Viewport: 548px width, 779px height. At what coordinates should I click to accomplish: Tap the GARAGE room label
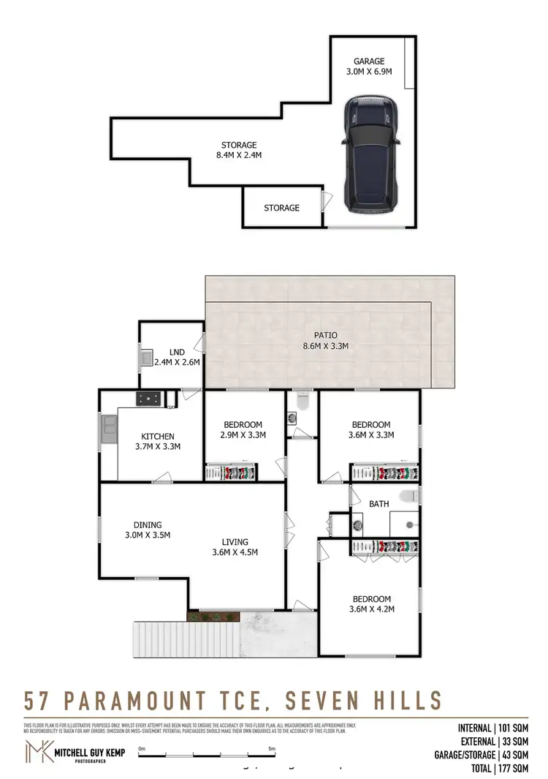pyautogui.click(x=369, y=61)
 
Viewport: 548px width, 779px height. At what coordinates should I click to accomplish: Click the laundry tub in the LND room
pyautogui.click(x=147, y=358)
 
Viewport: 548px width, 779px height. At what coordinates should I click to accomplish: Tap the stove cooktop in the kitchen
pyautogui.click(x=148, y=399)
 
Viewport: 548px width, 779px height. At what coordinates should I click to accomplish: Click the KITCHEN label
pyautogui.click(x=159, y=437)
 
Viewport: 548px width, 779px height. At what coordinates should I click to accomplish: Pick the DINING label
pyautogui.click(x=147, y=524)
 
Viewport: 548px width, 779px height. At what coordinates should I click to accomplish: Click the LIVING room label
pyautogui.click(x=234, y=541)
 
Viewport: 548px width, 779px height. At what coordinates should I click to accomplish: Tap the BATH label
pyautogui.click(x=378, y=504)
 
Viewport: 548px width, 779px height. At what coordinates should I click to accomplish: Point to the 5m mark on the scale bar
pyautogui.click(x=272, y=749)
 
